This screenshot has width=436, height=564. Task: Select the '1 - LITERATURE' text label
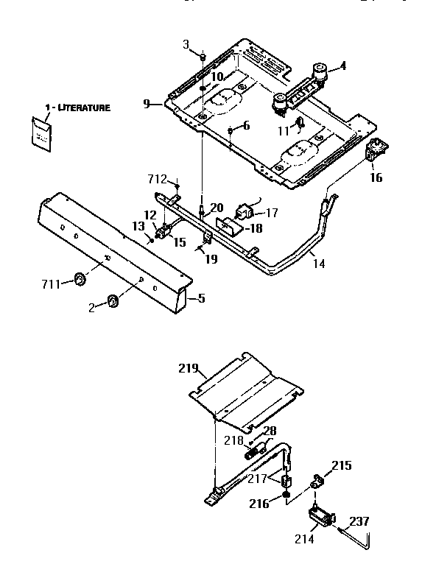tap(77, 107)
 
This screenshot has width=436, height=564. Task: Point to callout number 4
tap(342, 66)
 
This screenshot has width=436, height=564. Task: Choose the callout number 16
tap(376, 177)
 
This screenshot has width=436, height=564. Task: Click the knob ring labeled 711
tap(79, 280)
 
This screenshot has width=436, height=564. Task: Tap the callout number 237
tap(359, 521)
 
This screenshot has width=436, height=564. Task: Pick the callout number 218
tap(233, 440)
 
